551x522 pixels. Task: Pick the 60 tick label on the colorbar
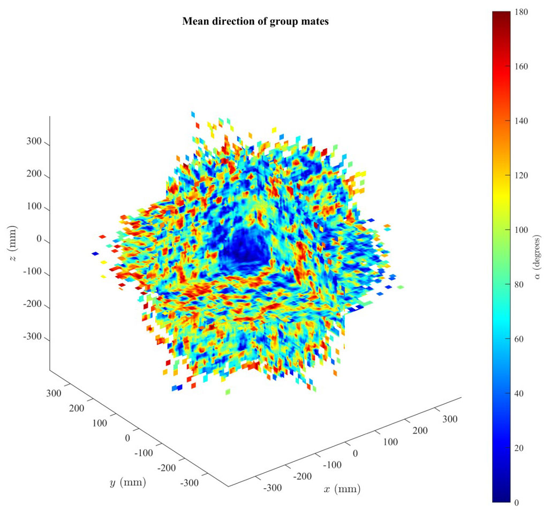point(519,339)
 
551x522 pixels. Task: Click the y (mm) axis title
point(127,483)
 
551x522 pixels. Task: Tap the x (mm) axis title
point(342,489)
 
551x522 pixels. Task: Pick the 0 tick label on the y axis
point(127,438)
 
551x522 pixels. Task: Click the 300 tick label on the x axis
point(450,419)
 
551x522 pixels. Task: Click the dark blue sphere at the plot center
point(245,247)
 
